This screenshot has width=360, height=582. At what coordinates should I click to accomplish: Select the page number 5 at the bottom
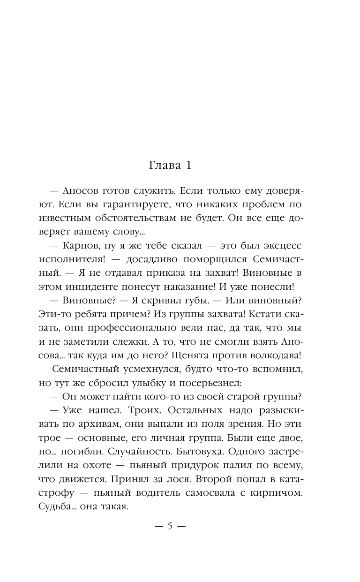170,526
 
